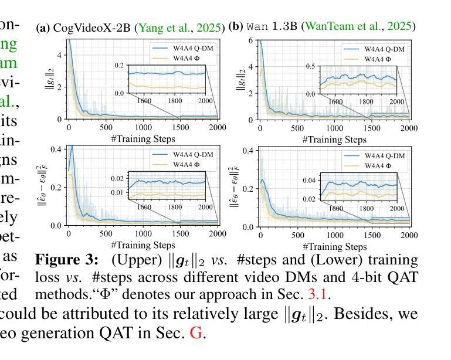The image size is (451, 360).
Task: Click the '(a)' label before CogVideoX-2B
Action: (43, 28)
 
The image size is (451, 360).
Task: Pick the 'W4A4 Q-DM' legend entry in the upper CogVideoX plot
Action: (191, 47)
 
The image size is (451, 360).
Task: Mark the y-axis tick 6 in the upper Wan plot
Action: (250, 40)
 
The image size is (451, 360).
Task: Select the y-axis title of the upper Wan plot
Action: (242, 79)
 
